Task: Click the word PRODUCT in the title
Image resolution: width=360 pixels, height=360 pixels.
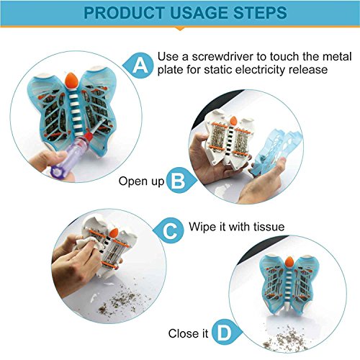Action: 124,13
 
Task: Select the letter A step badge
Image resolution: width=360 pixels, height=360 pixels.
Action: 138,66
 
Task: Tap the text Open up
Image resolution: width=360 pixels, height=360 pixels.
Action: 141,181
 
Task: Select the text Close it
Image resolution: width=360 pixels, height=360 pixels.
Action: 188,333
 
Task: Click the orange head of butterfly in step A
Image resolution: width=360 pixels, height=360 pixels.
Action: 71,80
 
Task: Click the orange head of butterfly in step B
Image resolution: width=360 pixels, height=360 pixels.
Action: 233,121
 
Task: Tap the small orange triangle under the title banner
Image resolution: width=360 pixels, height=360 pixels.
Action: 180,29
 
